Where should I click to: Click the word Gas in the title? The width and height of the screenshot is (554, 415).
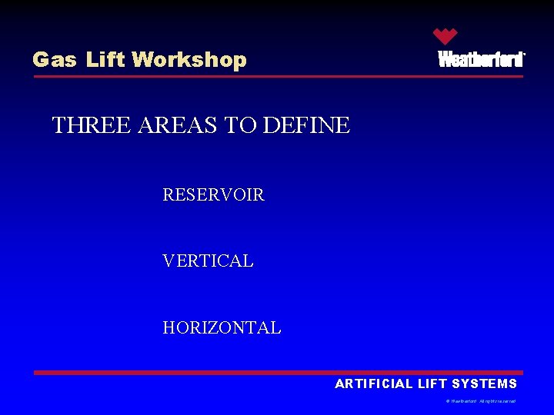point(55,60)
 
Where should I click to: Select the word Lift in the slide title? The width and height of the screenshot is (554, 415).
point(105,60)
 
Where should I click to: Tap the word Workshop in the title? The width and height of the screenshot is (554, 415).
point(189,60)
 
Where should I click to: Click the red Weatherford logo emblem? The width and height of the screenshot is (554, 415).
point(445,36)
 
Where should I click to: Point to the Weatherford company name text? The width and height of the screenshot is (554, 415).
point(481,59)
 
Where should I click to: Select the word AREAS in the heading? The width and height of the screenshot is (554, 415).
point(178,125)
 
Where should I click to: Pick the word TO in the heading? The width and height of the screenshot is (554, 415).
point(242,125)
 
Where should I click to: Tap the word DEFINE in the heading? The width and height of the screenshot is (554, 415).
point(306,125)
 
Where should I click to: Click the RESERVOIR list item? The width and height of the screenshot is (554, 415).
point(213,195)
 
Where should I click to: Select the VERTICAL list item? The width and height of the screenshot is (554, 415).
point(208,261)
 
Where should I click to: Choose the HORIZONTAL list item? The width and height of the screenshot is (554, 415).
point(222,328)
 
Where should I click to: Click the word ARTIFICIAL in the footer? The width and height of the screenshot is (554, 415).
point(374,384)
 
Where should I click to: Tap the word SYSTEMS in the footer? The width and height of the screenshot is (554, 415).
point(485,384)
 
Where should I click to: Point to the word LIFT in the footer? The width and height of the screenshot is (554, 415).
point(432,384)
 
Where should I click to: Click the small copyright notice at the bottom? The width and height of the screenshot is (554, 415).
point(481,401)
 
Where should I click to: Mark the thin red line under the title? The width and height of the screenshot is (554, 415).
point(277,76)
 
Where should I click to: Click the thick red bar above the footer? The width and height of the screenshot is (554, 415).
point(277,373)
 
